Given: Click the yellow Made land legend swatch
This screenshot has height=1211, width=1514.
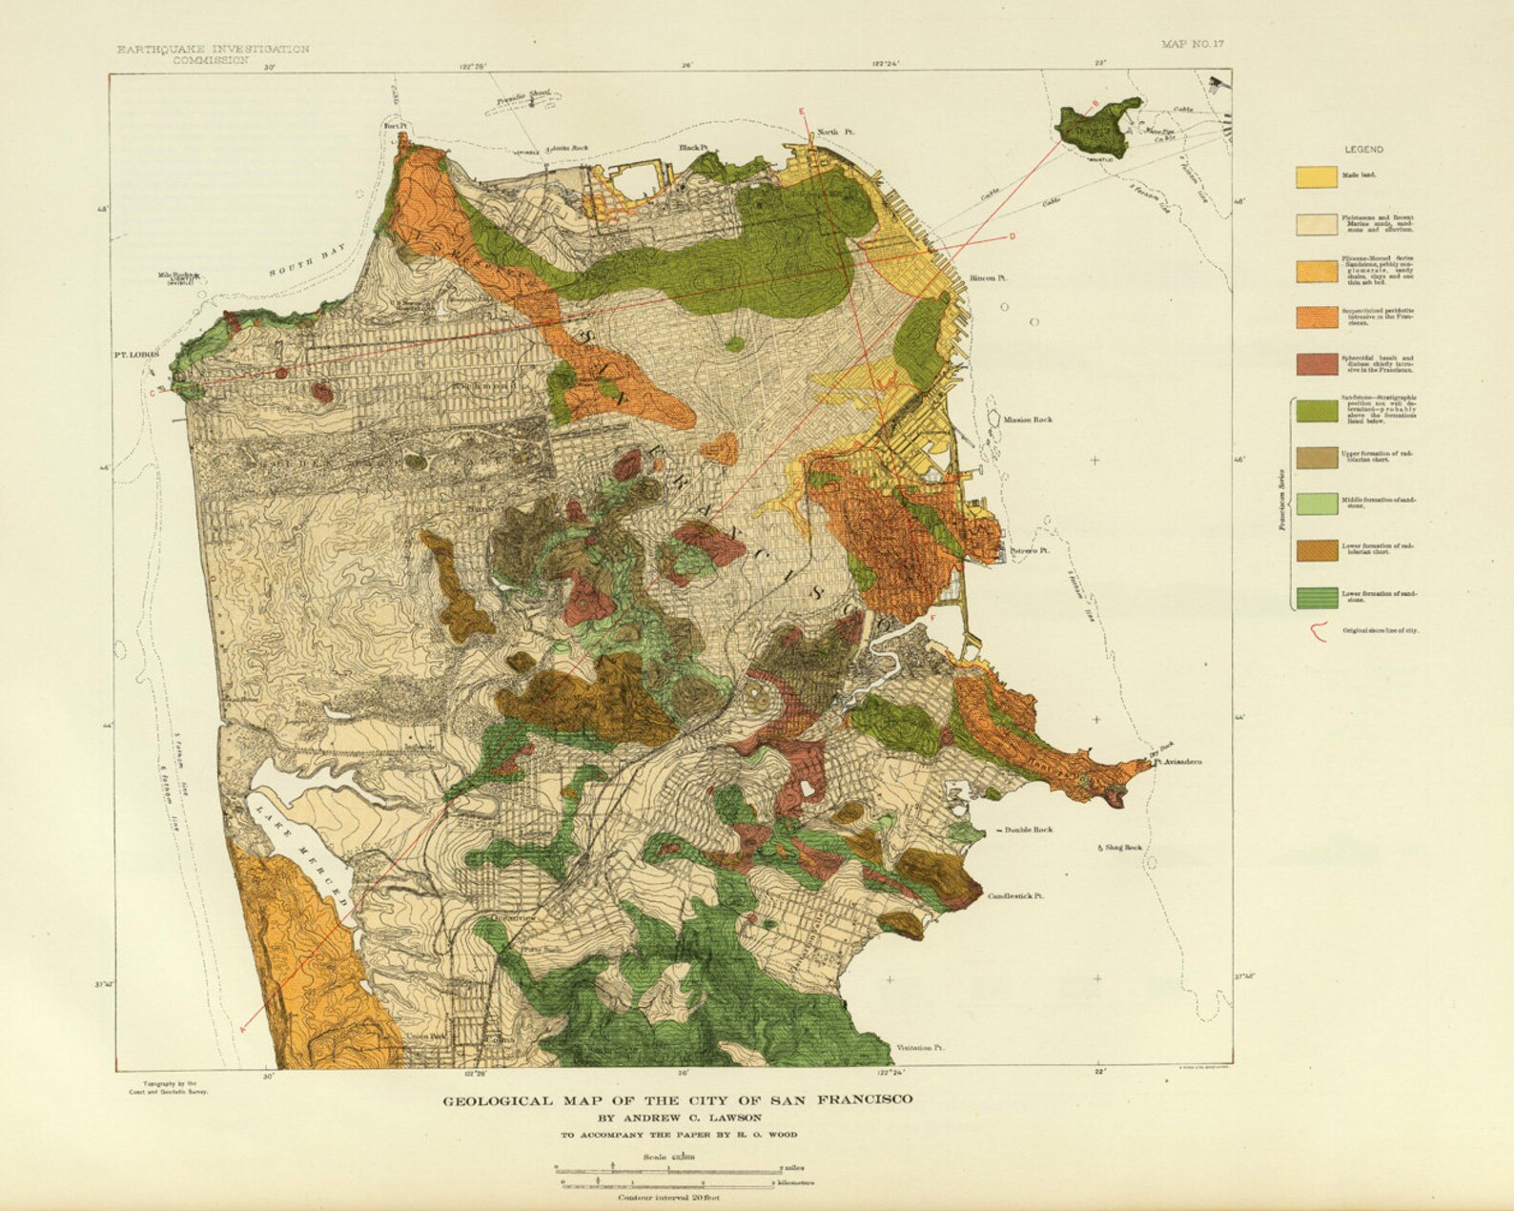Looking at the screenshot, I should click(1315, 176).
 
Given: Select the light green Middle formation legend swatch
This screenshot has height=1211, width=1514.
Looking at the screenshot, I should click(1315, 504).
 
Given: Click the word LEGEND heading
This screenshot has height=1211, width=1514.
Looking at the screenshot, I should click(1363, 150).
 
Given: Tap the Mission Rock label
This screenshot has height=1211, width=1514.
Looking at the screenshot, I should click(1027, 420).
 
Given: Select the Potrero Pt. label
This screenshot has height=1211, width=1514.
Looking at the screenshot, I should click(1029, 551).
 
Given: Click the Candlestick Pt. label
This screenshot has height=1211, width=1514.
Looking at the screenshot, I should click(1016, 896).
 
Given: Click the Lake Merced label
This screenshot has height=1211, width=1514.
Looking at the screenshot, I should click(302, 853).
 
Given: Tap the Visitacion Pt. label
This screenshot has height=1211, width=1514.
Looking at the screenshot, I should click(920, 1048).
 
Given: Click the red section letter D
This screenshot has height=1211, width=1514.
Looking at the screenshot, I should click(1012, 236).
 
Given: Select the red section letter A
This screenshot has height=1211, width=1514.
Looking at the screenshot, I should click(243, 1028).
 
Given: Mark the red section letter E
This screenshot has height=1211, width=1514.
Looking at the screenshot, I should click(802, 113).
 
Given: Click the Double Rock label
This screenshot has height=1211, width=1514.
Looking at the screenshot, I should click(1028, 831).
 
